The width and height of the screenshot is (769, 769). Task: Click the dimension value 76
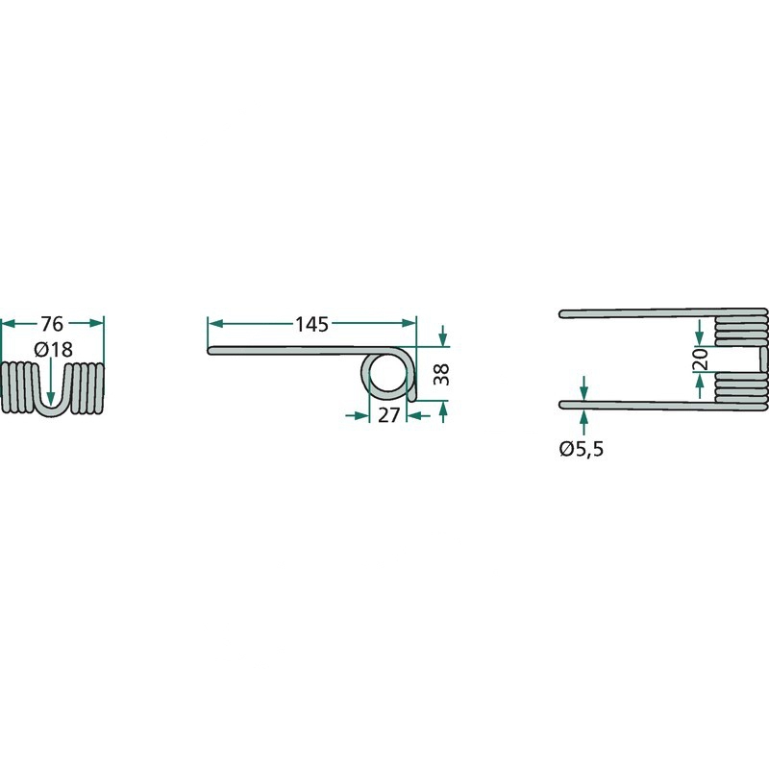point(52,324)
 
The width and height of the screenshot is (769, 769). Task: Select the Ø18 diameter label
point(54,350)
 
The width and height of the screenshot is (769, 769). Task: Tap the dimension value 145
point(311,324)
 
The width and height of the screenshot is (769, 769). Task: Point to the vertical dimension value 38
point(441,374)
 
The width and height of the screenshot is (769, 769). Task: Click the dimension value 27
point(388,415)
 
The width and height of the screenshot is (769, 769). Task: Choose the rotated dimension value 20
point(703,359)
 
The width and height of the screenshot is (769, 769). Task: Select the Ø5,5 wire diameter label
point(582,449)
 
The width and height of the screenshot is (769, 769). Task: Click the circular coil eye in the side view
point(387,374)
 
